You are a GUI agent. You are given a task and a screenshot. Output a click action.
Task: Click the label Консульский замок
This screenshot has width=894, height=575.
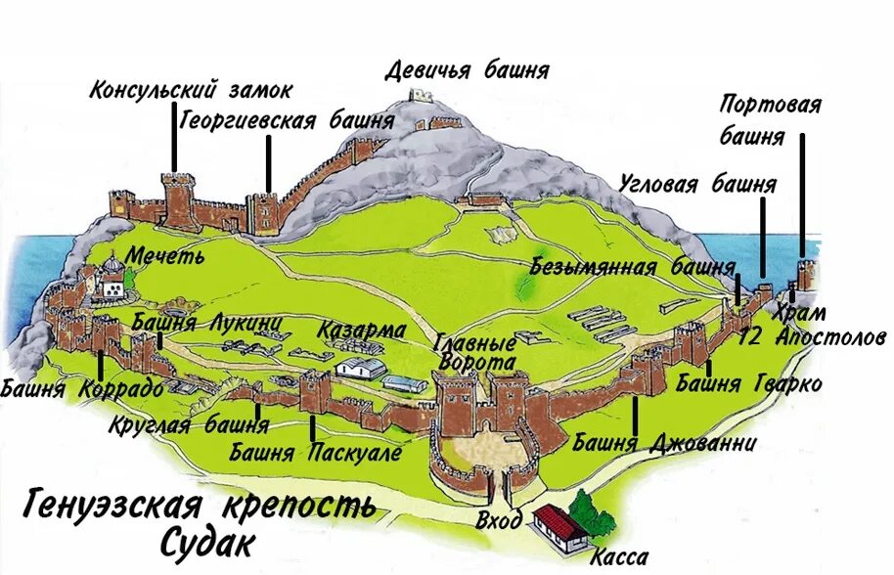191,91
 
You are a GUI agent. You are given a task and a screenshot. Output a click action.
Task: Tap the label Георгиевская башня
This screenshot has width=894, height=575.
288,120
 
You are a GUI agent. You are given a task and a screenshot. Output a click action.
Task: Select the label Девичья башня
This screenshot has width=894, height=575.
467,70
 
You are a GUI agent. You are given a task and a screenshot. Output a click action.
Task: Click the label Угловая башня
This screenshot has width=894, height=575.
697,184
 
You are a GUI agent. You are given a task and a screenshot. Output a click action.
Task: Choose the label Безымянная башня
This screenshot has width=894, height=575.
633,266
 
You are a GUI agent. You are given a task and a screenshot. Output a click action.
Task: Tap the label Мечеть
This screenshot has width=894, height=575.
164,256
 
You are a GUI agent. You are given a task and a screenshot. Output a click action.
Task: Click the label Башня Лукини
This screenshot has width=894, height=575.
206,323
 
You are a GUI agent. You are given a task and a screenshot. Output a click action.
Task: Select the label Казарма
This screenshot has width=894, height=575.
361,330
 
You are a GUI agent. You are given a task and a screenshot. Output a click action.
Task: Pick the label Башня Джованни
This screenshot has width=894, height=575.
664,444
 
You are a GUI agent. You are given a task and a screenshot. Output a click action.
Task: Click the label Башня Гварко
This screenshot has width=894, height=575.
748,382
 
